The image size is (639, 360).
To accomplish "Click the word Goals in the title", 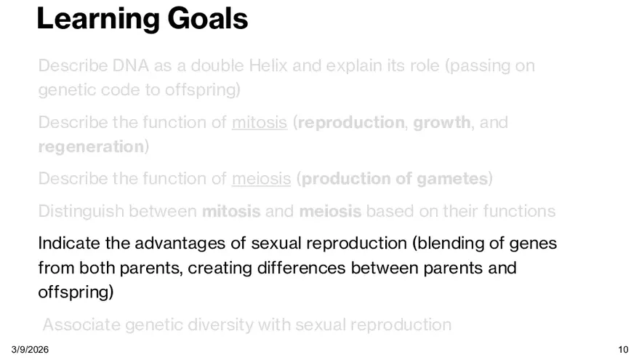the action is [x=207, y=18].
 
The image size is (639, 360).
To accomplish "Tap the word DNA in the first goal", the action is [x=130, y=65].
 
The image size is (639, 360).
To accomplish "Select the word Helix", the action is [x=268, y=65].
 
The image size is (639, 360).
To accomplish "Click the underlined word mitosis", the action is [x=260, y=122].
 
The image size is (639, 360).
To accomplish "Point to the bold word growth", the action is [x=442, y=123].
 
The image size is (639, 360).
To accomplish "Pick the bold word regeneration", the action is [x=91, y=147].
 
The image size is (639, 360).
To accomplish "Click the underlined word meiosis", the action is [x=261, y=179].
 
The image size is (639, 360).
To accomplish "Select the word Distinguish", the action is [x=81, y=212].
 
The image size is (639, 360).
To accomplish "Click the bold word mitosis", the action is [x=231, y=211].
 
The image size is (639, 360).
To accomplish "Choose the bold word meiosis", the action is [x=330, y=211].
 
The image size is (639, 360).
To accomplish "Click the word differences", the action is [x=302, y=268].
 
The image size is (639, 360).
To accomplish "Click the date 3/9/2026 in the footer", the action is [x=30, y=350].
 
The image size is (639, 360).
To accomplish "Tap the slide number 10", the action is [x=623, y=350].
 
